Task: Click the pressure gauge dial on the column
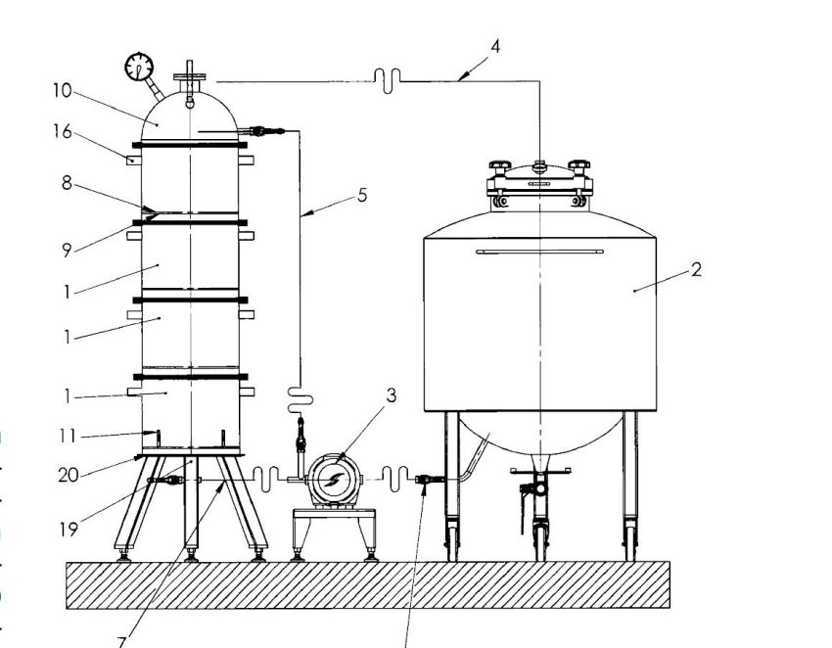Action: [139, 67]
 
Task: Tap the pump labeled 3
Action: [335, 480]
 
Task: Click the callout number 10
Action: [62, 91]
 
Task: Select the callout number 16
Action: [63, 131]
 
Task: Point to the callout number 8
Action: [67, 183]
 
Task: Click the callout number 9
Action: [67, 251]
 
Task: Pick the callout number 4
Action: [495, 47]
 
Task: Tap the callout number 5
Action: [362, 196]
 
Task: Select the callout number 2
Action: [696, 269]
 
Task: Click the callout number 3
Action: [392, 395]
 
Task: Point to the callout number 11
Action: [68, 437]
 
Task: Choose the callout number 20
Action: [69, 475]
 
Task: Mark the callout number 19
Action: [69, 530]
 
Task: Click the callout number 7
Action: [121, 642]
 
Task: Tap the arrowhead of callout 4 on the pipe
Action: [463, 77]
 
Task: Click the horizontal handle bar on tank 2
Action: [539, 252]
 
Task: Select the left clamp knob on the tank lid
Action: [499, 166]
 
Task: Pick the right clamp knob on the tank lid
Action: [578, 166]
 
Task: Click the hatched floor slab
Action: [368, 584]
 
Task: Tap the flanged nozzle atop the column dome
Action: [190, 77]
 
